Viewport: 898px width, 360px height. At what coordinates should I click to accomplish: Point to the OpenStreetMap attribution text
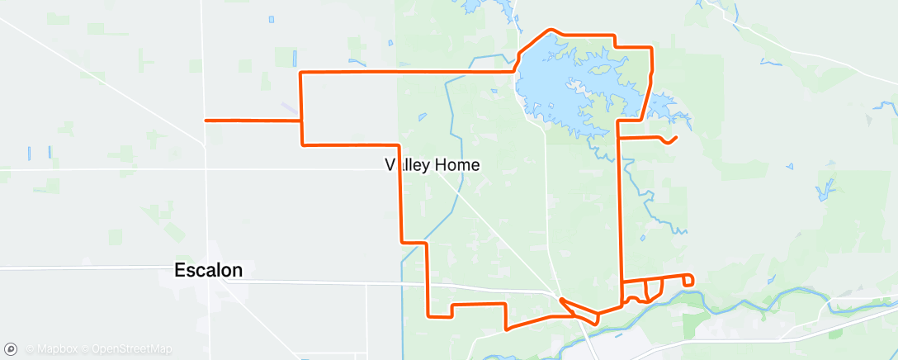point(131,350)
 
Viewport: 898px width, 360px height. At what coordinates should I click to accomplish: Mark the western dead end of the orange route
point(206,121)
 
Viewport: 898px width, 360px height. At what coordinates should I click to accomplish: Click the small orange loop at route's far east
point(688,282)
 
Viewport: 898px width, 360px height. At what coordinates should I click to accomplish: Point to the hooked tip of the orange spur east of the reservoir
point(676,137)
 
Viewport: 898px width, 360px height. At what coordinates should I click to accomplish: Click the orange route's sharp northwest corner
point(300,73)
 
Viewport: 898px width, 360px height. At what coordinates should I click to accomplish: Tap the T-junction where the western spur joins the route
point(300,121)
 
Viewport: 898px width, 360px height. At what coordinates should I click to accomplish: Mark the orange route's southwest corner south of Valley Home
point(428,315)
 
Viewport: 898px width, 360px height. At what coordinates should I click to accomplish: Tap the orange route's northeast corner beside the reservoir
point(652,47)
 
